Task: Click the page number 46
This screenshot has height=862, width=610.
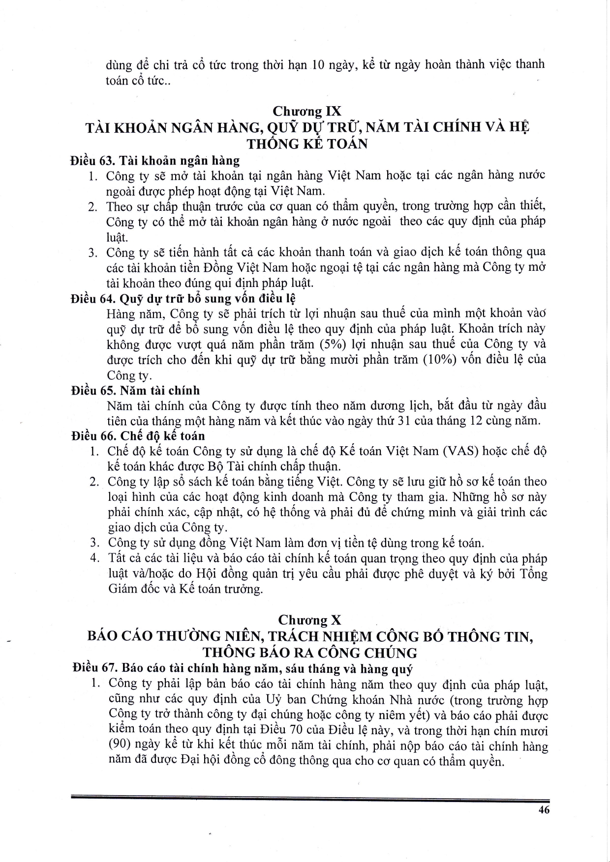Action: (x=544, y=810)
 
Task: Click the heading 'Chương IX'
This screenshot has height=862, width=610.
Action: (x=307, y=111)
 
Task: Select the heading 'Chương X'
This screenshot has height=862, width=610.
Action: (x=309, y=620)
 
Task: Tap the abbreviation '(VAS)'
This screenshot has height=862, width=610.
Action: (x=460, y=451)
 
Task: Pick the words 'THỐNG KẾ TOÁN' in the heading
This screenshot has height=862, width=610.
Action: (x=307, y=144)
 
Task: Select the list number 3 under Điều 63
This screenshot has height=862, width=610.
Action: (x=92, y=253)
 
